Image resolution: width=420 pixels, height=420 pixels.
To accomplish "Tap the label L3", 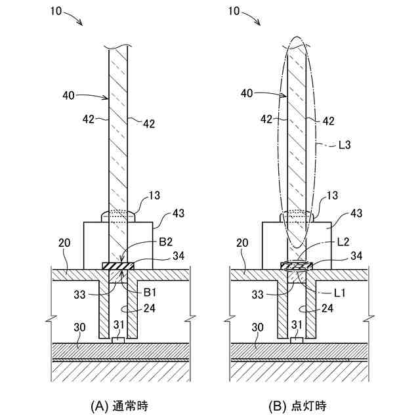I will click(345, 146).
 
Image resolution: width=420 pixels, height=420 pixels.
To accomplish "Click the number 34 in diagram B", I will click(358, 256).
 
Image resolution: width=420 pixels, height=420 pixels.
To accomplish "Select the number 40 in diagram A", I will click(69, 94).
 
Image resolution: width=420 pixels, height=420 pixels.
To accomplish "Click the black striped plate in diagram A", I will click(118, 266).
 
